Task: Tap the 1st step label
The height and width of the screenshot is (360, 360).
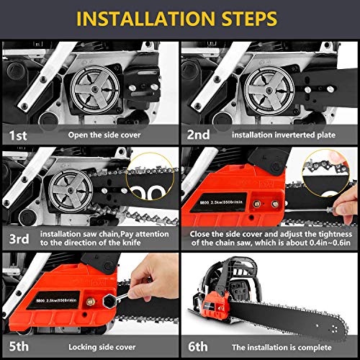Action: (19, 133)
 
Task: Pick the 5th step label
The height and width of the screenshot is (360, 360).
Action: (19, 345)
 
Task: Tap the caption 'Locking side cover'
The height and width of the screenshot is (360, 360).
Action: (96, 345)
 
